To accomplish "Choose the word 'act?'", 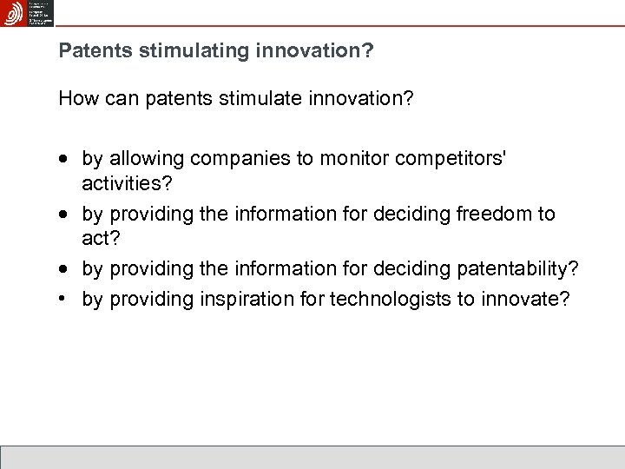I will (101, 238).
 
